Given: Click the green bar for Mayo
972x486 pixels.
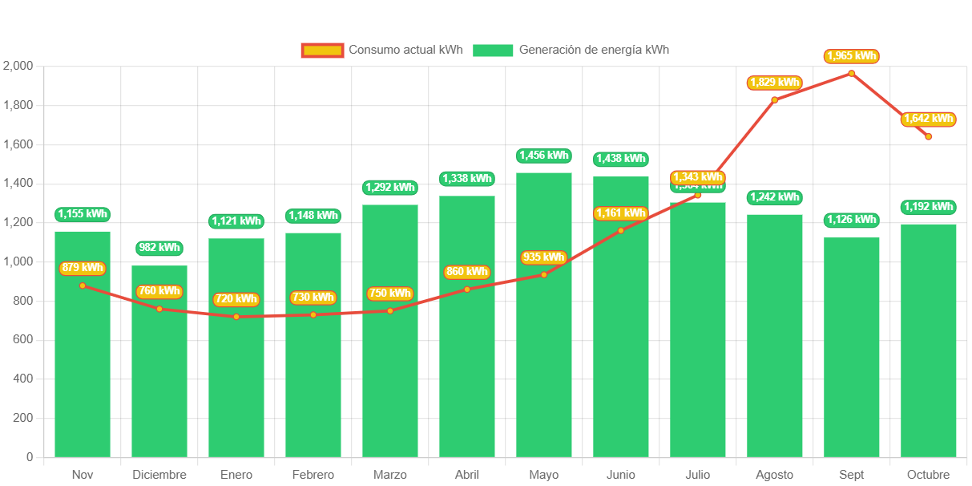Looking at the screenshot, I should click(x=544, y=321).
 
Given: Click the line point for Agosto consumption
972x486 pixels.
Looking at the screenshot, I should click(x=774, y=100).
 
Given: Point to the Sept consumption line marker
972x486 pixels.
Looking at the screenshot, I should click(x=852, y=74).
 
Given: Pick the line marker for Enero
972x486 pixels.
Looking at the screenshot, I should click(x=236, y=317).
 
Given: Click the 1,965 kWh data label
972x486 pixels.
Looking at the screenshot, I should click(x=851, y=56).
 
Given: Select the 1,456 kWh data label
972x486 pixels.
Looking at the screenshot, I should click(x=543, y=156).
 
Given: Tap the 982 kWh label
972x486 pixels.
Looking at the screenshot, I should click(x=159, y=248).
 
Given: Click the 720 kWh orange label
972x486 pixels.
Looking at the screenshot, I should click(x=236, y=299).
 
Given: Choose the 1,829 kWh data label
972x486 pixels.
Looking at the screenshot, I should click(x=774, y=83).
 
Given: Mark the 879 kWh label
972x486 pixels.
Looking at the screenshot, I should click(x=83, y=268).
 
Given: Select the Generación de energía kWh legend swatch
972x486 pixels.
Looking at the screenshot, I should click(x=492, y=51).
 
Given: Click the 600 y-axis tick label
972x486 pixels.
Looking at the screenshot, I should click(x=22, y=339).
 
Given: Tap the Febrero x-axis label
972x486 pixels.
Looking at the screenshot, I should click(x=313, y=475).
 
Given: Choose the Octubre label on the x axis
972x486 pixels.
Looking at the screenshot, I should click(x=928, y=475).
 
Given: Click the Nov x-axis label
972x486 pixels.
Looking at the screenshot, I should click(x=83, y=475).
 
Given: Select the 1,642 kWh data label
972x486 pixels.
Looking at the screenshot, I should click(x=929, y=119).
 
